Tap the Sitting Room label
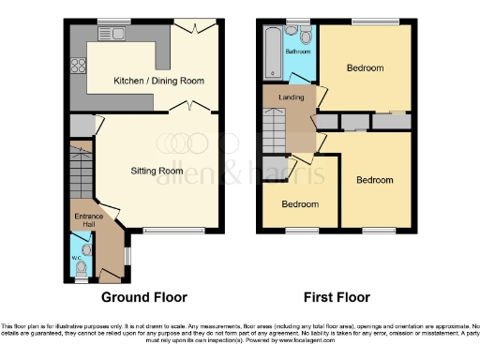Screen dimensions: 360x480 point(157,171)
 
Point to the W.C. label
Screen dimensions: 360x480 point(77,260)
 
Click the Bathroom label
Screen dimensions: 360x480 point(298,52)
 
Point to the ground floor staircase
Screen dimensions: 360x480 point(82,173)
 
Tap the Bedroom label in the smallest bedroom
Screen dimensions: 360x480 point(300,204)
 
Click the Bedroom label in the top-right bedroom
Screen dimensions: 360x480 point(364,68)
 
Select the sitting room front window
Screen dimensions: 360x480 point(175,231)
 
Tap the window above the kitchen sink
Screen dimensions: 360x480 point(113,21)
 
